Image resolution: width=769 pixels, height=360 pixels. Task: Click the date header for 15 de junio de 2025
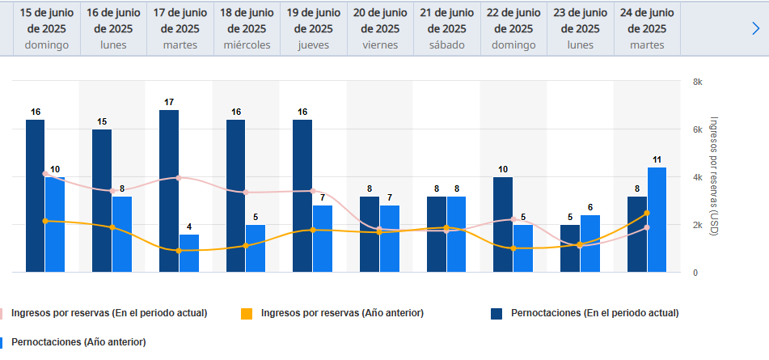(47, 28)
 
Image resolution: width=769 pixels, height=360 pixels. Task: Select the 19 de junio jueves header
(314, 28)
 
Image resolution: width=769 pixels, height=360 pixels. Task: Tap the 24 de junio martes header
(647, 28)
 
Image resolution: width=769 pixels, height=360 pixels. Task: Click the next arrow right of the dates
(756, 28)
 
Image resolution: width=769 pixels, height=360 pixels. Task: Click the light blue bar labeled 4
(189, 253)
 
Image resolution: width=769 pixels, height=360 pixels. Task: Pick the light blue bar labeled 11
(657, 220)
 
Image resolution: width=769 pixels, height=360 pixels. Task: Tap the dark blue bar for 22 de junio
(503, 224)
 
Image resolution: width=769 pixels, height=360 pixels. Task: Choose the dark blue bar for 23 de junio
(570, 248)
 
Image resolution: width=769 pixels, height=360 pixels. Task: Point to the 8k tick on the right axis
(698, 82)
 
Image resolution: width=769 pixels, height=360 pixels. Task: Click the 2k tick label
(698, 225)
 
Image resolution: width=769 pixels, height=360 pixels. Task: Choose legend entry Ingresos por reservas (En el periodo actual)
(108, 312)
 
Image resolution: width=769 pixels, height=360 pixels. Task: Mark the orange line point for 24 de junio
(647, 213)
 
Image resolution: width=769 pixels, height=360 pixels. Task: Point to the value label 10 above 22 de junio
(503, 170)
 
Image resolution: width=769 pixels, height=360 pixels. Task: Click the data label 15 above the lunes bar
(102, 122)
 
